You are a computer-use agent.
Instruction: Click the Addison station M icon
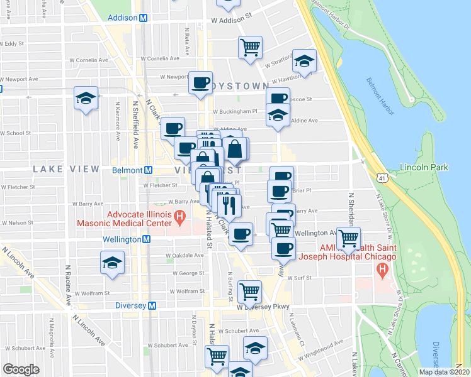coord(144,18)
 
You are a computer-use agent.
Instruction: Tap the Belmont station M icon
coord(149,170)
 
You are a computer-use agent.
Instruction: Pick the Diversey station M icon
coord(151,305)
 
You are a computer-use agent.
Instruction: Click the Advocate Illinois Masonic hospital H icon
coord(179,219)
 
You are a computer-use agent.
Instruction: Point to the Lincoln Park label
coord(424,168)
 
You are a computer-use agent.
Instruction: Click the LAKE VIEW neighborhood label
coord(66,169)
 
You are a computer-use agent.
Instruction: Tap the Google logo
coord(21,369)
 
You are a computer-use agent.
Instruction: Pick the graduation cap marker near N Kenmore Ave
coord(86,97)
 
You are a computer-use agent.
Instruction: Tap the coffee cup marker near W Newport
coord(201,83)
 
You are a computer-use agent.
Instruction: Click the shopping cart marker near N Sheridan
coord(348,238)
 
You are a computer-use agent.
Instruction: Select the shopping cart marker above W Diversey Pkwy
coord(250,291)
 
